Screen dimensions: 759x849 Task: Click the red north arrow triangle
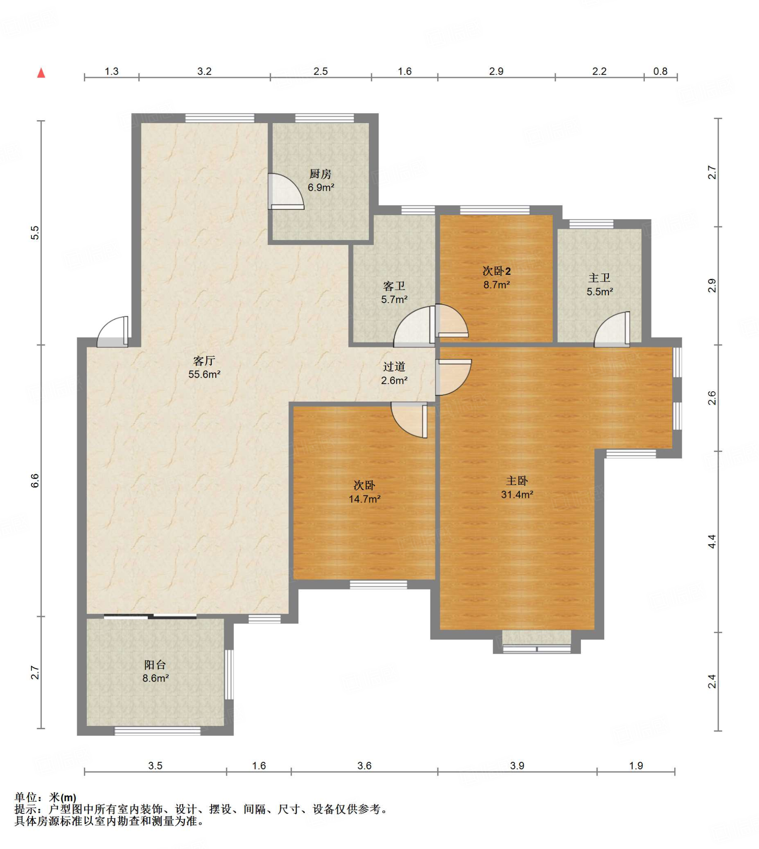click(41, 73)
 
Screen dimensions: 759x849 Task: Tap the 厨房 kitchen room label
click(320, 174)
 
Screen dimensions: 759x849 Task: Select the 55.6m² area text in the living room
click(204, 374)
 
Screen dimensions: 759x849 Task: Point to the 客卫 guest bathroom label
click(394, 286)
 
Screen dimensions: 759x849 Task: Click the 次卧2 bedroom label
click(496, 271)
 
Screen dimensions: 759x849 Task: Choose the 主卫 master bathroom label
click(599, 278)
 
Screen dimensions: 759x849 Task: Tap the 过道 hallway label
click(394, 366)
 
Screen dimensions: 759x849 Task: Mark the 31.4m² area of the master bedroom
click(517, 495)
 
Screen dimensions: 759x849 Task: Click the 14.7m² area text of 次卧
click(364, 499)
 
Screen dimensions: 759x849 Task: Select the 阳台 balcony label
click(155, 665)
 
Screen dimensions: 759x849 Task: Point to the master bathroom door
click(612, 329)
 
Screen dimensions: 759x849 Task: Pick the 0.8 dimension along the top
click(660, 71)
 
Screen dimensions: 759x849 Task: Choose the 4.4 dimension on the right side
click(712, 541)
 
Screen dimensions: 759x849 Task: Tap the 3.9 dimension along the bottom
click(517, 765)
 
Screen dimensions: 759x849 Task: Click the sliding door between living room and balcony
click(150, 616)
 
